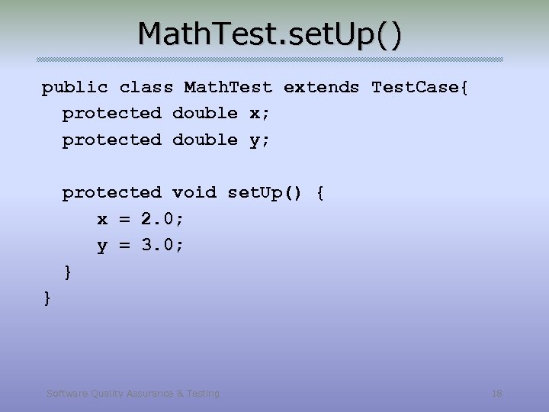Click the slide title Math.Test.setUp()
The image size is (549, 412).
tap(269, 35)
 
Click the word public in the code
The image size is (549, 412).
tap(75, 88)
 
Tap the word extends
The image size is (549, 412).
tap(321, 88)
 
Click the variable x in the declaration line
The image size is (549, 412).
tap(255, 114)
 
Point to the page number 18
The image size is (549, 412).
tap(497, 394)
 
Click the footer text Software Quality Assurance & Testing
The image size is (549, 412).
tap(133, 394)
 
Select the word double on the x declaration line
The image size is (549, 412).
tap(205, 114)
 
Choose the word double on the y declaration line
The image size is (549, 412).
tap(205, 140)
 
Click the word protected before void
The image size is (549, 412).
tap(112, 193)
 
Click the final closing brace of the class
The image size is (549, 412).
tap(47, 298)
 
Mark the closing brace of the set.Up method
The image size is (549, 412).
tap(69, 272)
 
